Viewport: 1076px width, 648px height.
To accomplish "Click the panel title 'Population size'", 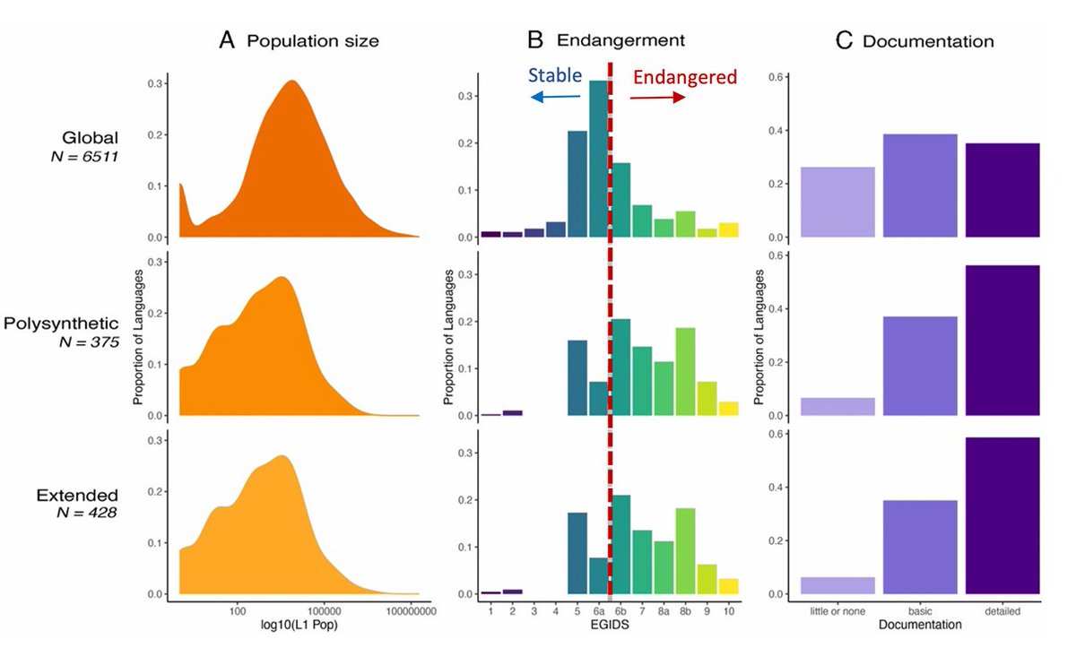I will pos(313,41).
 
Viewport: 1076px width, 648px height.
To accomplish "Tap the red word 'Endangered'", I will pos(684,77).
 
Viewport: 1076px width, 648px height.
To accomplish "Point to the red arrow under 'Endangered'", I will pos(657,97).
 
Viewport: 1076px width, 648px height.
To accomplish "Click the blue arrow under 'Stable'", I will pos(554,97).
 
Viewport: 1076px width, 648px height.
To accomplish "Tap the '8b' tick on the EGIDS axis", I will pos(685,610).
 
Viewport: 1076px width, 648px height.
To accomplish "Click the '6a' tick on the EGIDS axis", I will pos(597,610).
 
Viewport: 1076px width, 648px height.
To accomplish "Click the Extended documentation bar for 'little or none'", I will pos(837,585).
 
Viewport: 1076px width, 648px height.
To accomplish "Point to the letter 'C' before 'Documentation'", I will pos(844,41).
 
